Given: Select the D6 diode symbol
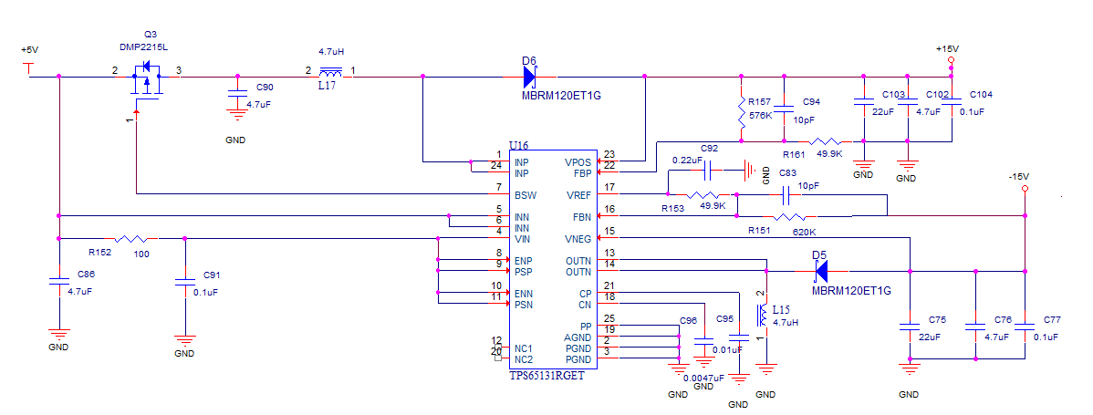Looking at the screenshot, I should point(531,77).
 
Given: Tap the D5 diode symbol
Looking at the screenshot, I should point(820,271).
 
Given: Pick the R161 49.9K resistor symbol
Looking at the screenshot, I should point(826,141).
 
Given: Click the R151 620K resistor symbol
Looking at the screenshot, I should point(788,217).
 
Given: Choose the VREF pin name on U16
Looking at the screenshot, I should point(578,195).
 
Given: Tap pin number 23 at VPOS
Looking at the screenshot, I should point(609,155).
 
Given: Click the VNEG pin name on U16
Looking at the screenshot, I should point(577,238).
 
